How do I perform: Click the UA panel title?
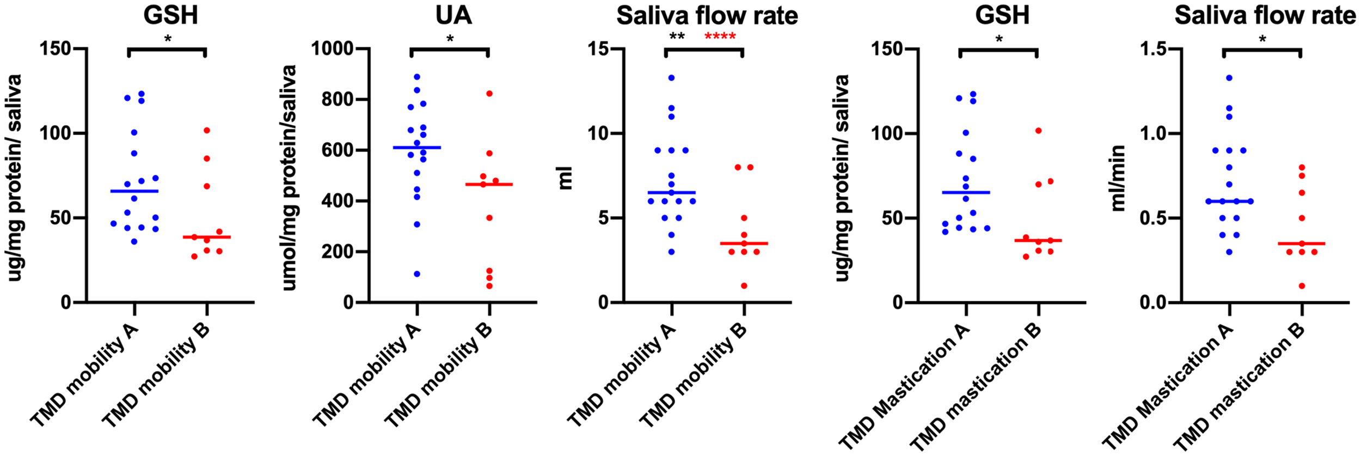(x=453, y=15)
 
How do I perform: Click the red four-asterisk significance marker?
(x=720, y=37)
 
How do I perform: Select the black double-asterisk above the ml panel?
(x=677, y=37)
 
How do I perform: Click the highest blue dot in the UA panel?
(x=417, y=77)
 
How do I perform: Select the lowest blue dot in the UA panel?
(x=417, y=274)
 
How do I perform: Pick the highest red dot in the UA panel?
(x=489, y=94)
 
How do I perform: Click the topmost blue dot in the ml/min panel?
(x=1229, y=78)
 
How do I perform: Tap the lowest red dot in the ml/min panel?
(x=1302, y=286)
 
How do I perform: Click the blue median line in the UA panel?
(x=417, y=148)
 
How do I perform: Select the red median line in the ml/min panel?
(x=1302, y=244)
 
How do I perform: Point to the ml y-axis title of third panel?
(x=566, y=178)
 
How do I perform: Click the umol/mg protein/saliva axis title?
(x=290, y=178)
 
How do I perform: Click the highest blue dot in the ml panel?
(x=672, y=78)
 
